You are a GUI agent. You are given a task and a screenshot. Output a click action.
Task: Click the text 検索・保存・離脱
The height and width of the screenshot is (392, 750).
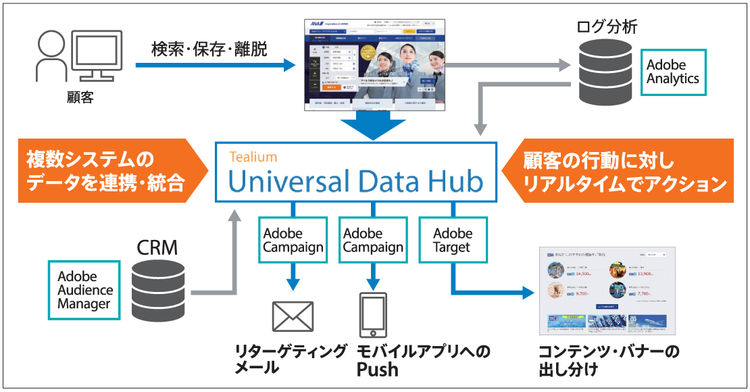(x=209, y=49)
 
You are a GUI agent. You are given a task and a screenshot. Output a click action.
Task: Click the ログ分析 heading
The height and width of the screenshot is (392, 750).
(x=606, y=27)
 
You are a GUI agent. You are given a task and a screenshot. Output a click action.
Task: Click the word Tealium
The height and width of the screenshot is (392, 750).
(x=253, y=157)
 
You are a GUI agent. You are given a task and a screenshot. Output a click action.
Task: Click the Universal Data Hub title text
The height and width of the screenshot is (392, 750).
(x=355, y=181)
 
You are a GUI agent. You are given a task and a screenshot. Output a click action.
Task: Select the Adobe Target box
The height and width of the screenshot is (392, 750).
(x=453, y=240)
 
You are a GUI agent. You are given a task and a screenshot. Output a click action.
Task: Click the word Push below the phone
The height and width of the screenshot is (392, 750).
(x=378, y=370)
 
